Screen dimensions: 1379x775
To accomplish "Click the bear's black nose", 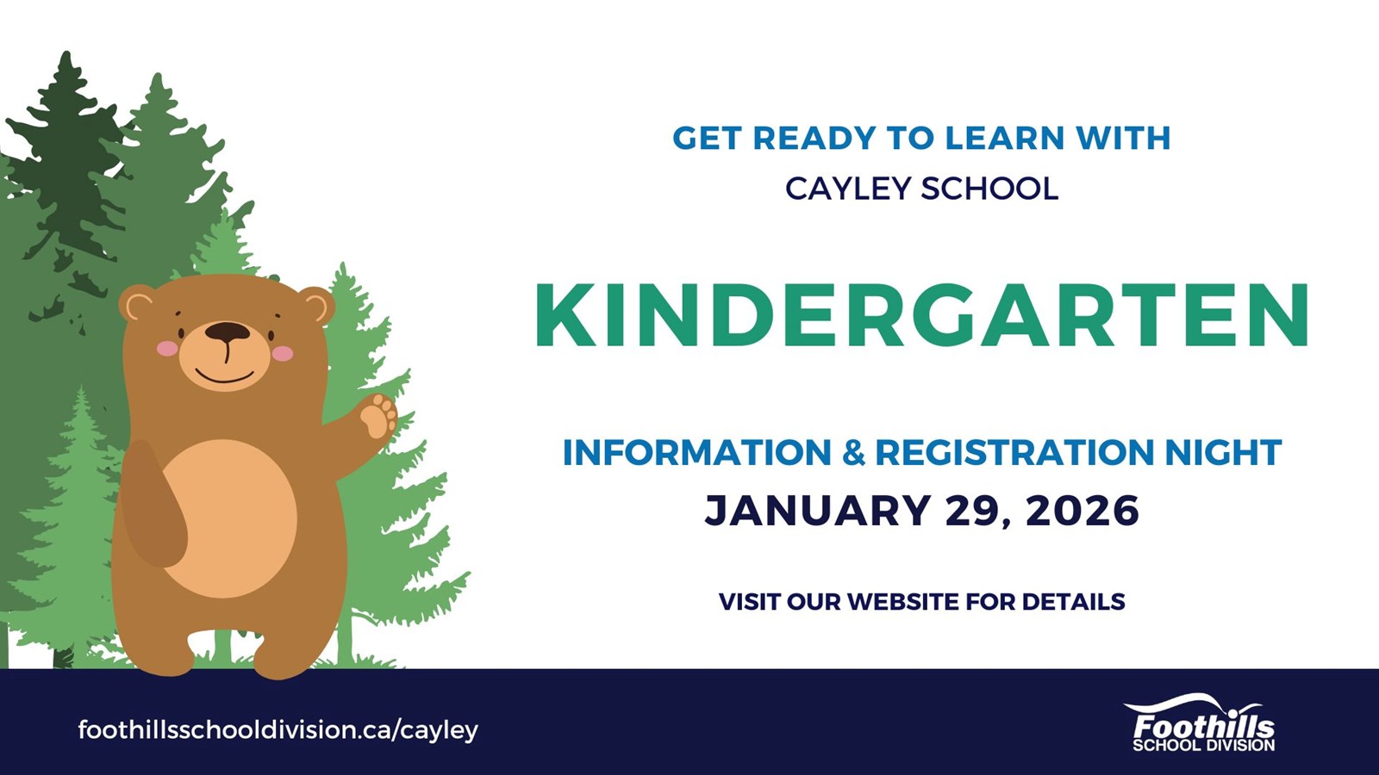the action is coord(228,332).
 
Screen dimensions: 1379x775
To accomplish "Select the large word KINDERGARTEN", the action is coord(921,315).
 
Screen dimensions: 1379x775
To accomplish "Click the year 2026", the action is coord(1083,511).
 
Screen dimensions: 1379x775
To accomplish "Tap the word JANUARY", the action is coord(816,511).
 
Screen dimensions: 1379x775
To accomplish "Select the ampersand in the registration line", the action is coord(853,452).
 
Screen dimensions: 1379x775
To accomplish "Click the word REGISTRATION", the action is coord(1014,452).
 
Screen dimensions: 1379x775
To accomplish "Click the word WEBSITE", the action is coord(904,602).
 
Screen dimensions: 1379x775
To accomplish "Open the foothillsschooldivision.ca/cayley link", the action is coord(278,730).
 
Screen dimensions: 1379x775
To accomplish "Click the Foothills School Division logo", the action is coord(1203,723).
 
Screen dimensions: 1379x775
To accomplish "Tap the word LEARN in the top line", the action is coord(1005,138).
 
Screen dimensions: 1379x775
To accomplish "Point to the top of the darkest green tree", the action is coord(66,53).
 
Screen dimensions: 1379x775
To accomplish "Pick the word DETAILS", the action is coord(1074,602).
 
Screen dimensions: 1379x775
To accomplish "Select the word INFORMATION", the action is coord(697,452).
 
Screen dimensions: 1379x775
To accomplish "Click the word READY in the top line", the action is coord(814,138).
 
